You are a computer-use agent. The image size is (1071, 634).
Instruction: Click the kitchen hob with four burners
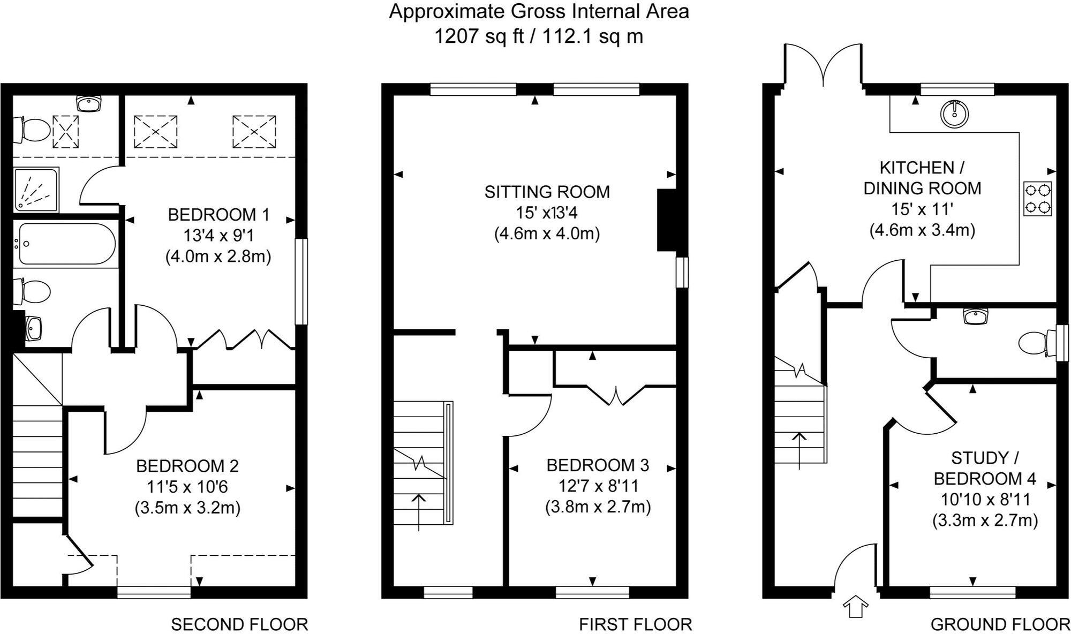tap(1037, 199)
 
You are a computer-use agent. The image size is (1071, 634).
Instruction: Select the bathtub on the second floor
tap(66, 244)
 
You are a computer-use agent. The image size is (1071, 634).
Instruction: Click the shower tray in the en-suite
tap(36, 190)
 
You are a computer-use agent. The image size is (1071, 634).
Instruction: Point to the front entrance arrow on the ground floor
tap(855, 606)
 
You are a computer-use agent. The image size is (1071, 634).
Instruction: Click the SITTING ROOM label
tap(547, 192)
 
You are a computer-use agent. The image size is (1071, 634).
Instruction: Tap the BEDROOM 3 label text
tap(598, 465)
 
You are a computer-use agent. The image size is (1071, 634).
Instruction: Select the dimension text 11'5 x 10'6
tap(187, 487)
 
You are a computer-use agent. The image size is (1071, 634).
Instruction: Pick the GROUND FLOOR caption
tap(1000, 624)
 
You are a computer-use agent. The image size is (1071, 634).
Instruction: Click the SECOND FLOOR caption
tap(239, 624)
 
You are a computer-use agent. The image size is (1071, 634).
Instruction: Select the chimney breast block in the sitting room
tap(667, 220)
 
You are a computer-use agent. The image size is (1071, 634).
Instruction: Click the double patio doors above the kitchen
tap(824, 65)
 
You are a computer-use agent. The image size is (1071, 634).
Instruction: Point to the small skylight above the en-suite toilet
tap(65, 131)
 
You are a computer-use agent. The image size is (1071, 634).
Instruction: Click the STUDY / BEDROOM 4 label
tap(985, 468)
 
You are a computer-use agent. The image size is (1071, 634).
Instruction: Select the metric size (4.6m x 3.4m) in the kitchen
tap(922, 230)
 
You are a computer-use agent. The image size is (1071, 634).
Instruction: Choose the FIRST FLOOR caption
tap(635, 624)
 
